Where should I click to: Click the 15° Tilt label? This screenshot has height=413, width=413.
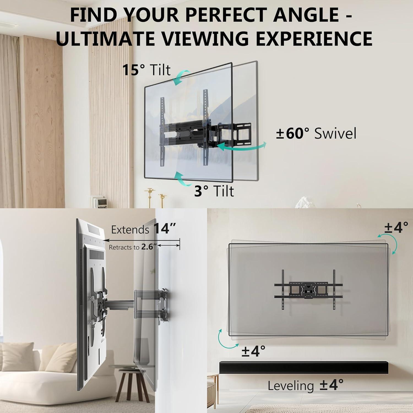coord(146,70)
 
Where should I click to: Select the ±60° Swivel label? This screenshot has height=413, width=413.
coord(316,133)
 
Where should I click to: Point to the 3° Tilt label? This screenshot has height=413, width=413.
coord(214,191)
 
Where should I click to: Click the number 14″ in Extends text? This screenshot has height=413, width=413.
coord(164,229)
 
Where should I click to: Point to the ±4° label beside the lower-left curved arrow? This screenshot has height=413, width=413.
coord(253,352)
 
